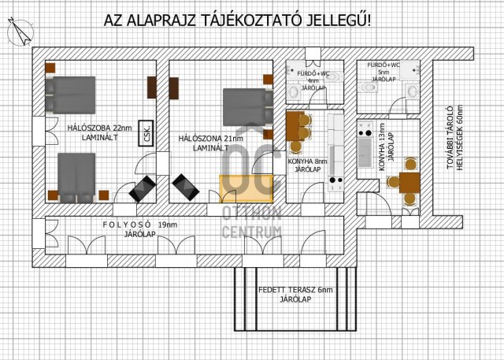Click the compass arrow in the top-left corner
18,32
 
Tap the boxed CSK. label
146,134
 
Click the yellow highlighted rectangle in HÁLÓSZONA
246,187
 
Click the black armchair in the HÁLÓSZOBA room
142,188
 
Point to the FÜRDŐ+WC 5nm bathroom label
384,72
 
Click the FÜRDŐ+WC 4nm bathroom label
313,80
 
